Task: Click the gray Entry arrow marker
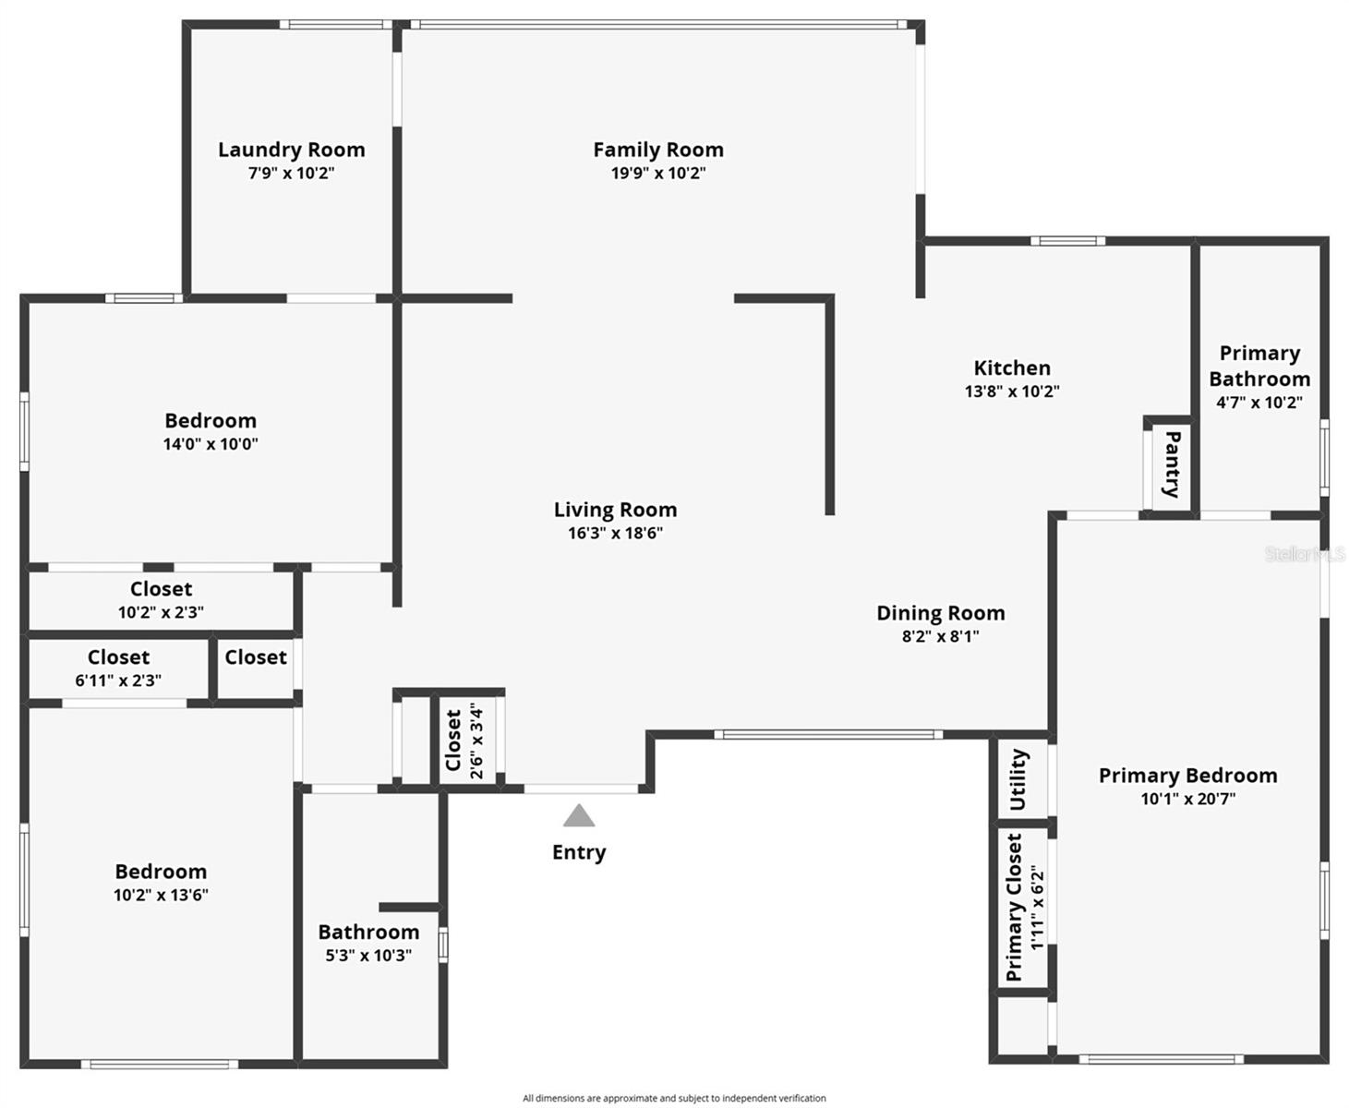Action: click(578, 815)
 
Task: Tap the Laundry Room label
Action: click(292, 150)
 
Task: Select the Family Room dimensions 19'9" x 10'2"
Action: click(658, 173)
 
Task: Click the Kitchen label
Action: click(1012, 367)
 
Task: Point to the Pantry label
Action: click(1173, 464)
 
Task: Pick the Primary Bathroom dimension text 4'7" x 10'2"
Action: click(1259, 403)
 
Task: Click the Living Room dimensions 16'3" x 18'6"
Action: click(615, 533)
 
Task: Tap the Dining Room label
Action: click(940, 613)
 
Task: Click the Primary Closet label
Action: click(1014, 907)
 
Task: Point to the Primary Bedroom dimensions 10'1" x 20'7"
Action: click(1187, 799)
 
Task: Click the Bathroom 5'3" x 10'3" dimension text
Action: click(368, 956)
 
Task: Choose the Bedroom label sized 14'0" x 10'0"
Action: click(211, 420)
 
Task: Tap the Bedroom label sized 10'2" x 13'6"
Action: click(161, 872)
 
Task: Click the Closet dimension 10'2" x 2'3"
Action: click(161, 612)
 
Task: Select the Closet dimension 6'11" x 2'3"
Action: click(118, 680)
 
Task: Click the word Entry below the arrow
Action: click(579, 853)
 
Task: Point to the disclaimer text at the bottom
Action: click(674, 1098)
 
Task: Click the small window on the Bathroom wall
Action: click(442, 945)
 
